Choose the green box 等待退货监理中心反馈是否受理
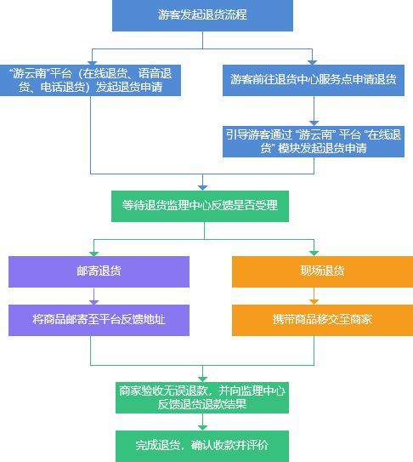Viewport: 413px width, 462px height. [x=201, y=205]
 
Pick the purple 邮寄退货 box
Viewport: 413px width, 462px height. [x=93, y=271]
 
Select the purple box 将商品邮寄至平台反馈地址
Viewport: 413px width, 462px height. [x=93, y=319]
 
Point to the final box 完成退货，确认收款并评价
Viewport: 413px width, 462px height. [x=201, y=443]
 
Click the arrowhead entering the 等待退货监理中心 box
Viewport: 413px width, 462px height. [x=201, y=186]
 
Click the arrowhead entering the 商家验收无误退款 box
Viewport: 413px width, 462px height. [x=201, y=378]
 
